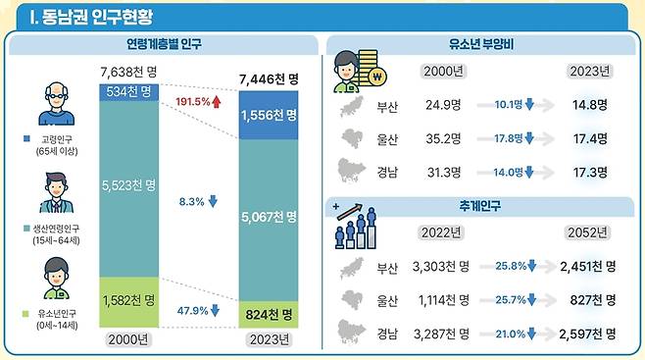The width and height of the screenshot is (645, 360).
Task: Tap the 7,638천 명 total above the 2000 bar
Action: click(134, 73)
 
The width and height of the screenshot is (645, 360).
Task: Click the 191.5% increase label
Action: click(199, 102)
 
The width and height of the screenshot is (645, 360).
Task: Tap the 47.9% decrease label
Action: click(199, 310)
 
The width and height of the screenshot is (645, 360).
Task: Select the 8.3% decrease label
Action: click(199, 201)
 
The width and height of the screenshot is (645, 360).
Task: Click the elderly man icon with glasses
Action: click(57, 103)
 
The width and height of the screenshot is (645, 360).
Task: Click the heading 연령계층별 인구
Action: click(163, 45)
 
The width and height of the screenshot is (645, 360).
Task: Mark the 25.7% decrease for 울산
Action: click(515, 299)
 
